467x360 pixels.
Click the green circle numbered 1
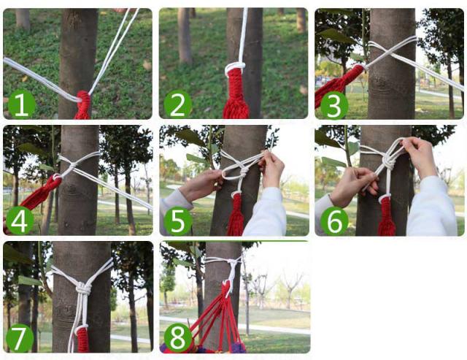tap(21, 104)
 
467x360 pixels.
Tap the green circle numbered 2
tap(178, 104)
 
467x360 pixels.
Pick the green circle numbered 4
tap(20, 221)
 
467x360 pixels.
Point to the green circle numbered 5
tap(178, 221)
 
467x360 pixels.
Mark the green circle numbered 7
tap(20, 338)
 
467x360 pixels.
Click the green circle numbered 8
tap(178, 337)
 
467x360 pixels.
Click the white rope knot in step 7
tap(83, 288)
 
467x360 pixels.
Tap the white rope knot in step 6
tap(387, 161)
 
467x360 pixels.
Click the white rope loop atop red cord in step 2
tap(235, 66)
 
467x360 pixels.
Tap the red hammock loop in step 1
tap(84, 97)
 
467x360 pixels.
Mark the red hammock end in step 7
tap(82, 339)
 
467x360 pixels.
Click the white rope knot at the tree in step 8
tap(231, 261)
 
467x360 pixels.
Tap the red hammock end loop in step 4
tap(56, 179)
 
